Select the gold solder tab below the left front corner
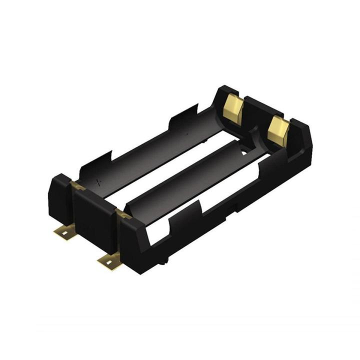pos(64,231)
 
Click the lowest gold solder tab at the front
pos(109,260)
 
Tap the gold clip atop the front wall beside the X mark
pos(78,186)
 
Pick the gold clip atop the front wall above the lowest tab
pos(122,214)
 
